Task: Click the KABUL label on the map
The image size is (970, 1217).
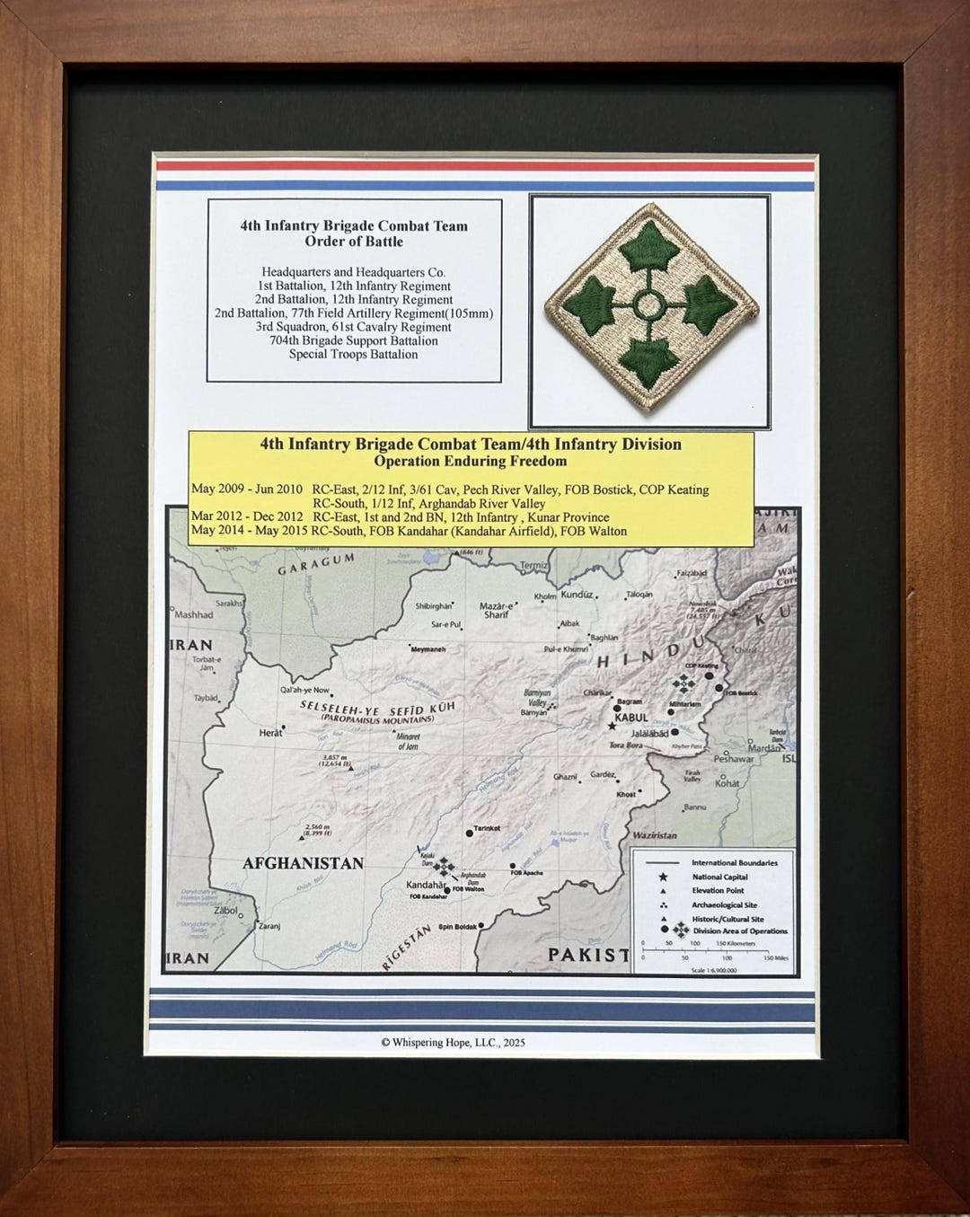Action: coord(630,718)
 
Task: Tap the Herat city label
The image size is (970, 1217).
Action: coord(270,733)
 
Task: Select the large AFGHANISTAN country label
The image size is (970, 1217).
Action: coord(303,863)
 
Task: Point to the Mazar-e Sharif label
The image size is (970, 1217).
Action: coord(496,610)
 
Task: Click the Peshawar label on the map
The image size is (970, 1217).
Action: coord(733,759)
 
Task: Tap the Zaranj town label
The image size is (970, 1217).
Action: coord(269,926)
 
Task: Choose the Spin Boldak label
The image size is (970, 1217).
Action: coord(458,927)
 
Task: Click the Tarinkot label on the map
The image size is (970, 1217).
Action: coord(487,828)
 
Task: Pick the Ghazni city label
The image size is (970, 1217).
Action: coord(565,777)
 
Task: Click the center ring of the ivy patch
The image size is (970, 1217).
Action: coord(648,305)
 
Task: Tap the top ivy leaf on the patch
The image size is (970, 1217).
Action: coord(648,245)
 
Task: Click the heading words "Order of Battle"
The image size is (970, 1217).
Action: coord(354,242)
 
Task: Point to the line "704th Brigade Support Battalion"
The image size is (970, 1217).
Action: coord(354,340)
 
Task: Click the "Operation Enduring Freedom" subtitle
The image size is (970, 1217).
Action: coord(471,462)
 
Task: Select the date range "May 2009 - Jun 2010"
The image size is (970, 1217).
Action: coord(247,489)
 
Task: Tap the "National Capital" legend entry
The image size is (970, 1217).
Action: coord(719,877)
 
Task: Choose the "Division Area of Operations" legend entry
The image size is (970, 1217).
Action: coord(740,931)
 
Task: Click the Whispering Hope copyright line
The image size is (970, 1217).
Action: coord(453,1043)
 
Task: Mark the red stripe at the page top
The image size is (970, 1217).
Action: coord(485,166)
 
